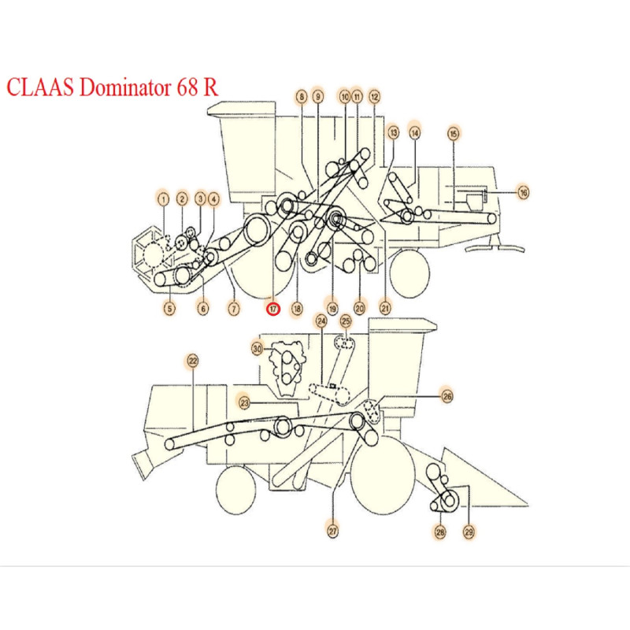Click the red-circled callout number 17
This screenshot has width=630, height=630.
tap(272, 309)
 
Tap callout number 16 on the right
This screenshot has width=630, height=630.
tap(523, 191)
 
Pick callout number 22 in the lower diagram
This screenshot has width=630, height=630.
tap(193, 361)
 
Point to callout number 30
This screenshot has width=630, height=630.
tap(258, 348)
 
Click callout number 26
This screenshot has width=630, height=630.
tap(447, 396)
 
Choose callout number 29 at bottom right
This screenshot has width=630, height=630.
tap(469, 532)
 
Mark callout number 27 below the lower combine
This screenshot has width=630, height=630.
tap(332, 532)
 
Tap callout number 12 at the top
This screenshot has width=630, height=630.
tap(374, 97)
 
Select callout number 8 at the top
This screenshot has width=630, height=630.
tap(301, 97)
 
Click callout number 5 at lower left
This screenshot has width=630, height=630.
tap(169, 309)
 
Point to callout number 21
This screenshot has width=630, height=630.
tap(384, 309)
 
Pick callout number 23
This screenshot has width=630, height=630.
tap(245, 403)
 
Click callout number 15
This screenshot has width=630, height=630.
tap(453, 133)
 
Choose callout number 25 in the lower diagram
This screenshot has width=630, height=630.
tap(345, 321)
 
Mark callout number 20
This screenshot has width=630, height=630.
tap(359, 309)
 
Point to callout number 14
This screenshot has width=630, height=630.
tap(414, 133)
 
